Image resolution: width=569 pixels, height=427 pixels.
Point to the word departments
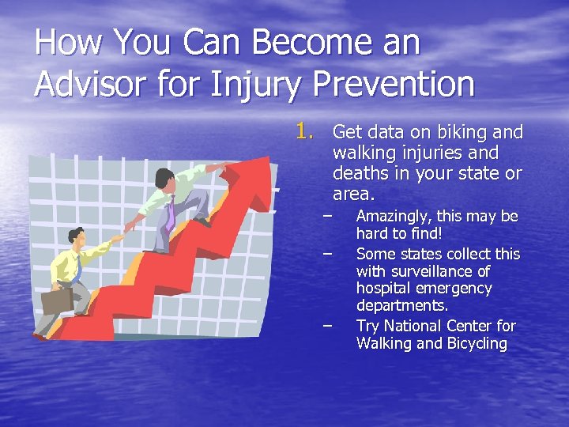coord(401,306)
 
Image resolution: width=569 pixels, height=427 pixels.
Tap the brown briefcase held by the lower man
coord(57,300)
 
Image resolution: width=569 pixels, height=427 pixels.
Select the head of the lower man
coord(77,235)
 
